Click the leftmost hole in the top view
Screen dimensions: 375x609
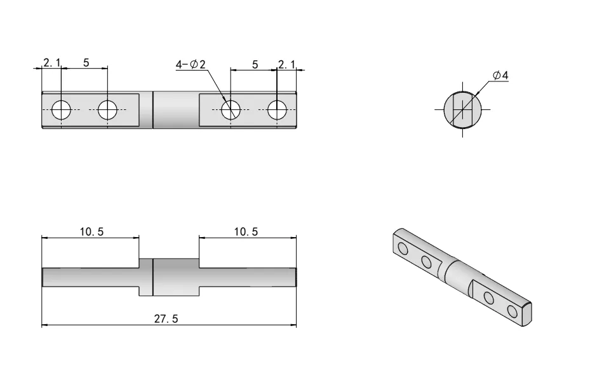(61, 110)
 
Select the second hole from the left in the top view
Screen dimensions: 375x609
(107, 110)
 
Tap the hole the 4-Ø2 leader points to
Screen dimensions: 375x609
(231, 110)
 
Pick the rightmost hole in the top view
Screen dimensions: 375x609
(277, 110)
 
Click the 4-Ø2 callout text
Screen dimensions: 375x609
(191, 64)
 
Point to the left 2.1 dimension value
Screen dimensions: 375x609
(51, 62)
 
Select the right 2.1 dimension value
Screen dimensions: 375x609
(287, 64)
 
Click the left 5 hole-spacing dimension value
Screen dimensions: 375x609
(86, 62)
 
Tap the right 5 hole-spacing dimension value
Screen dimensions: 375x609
(255, 64)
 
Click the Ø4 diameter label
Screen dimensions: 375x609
(501, 76)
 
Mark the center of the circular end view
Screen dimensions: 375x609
(462, 109)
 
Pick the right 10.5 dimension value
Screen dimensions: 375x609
(246, 232)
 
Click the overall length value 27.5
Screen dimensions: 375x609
(166, 318)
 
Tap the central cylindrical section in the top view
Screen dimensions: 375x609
(176, 110)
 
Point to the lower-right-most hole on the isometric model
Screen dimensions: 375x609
(512, 311)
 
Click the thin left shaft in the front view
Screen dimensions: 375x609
(89, 277)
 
